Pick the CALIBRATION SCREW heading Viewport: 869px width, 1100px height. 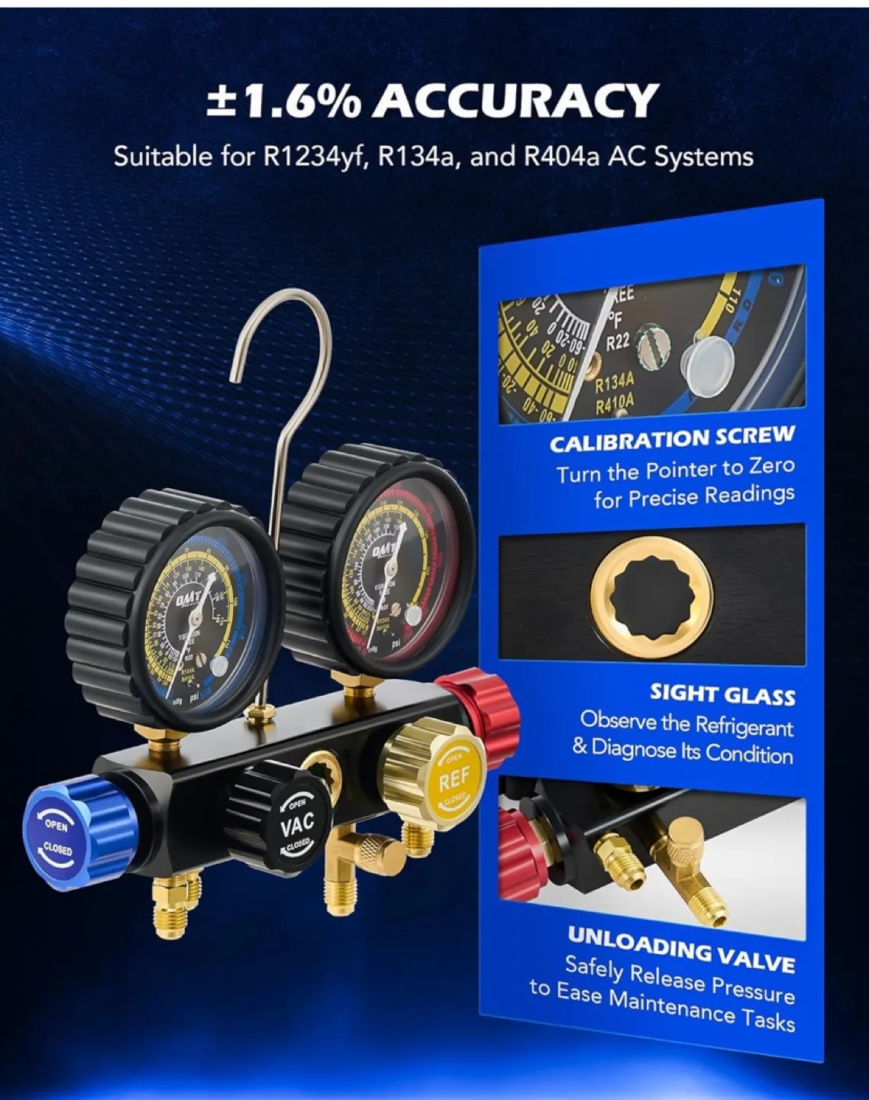point(672,438)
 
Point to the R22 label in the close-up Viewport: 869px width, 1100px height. point(618,341)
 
